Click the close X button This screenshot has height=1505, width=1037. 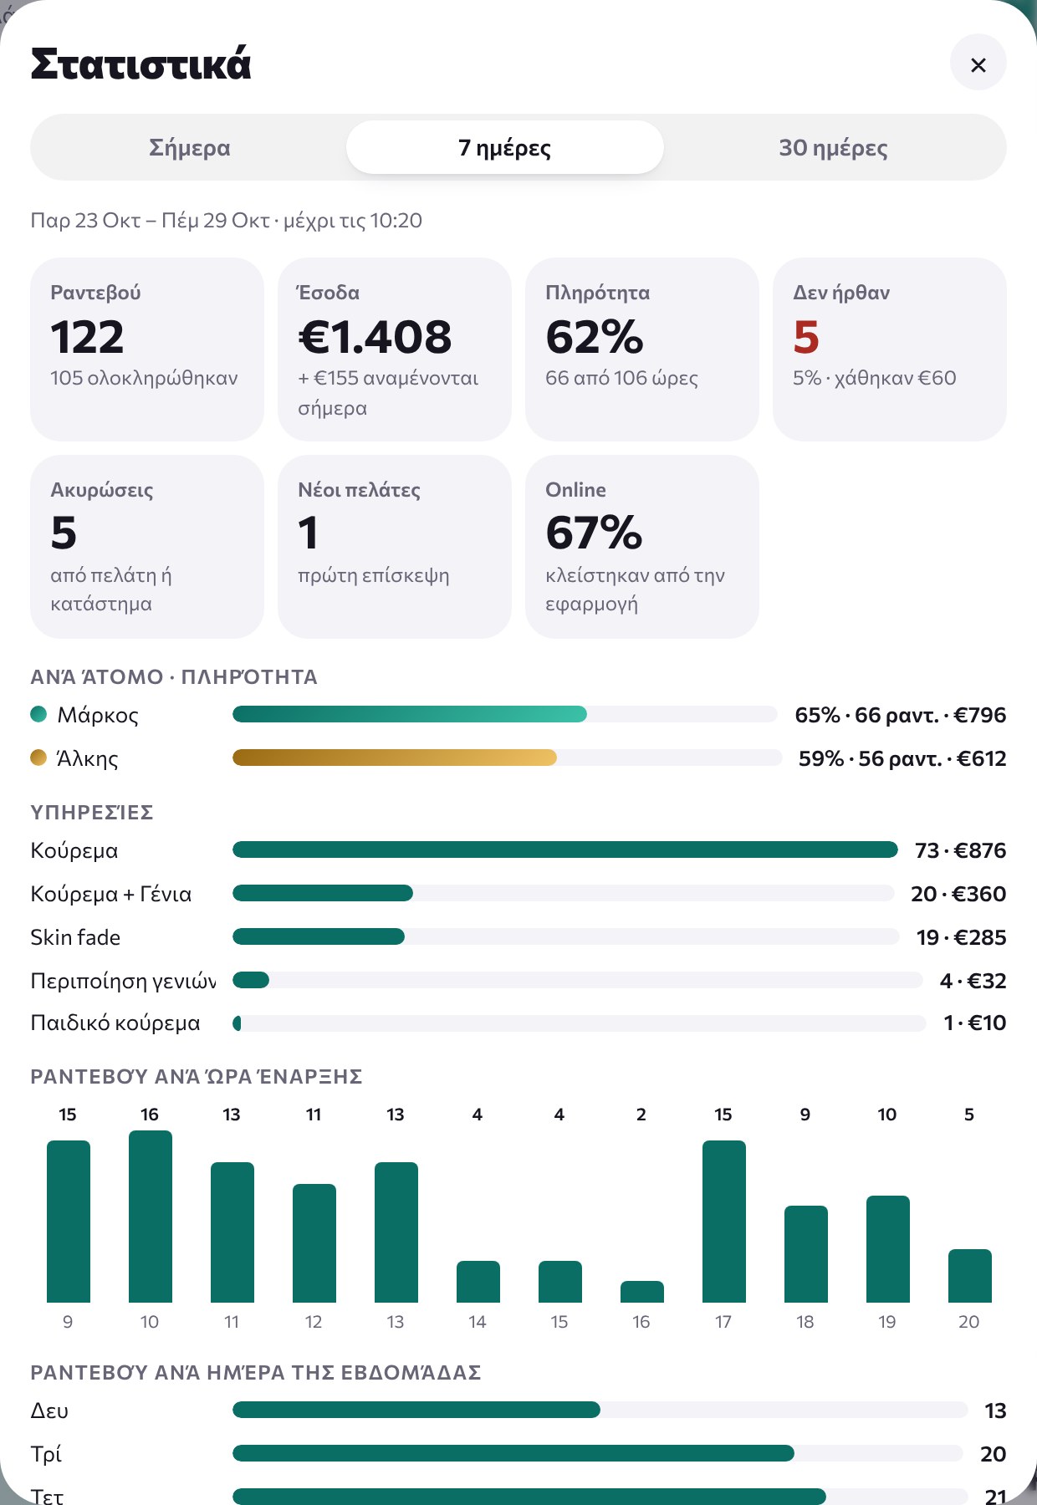[978, 64]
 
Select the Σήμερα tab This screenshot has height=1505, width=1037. [189, 148]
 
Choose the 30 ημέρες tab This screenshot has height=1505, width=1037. [833, 148]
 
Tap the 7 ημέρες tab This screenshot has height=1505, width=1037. [504, 148]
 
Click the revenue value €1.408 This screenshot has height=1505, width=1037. [375, 337]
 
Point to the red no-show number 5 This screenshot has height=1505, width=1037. [806, 337]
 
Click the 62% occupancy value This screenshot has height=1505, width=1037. [594, 337]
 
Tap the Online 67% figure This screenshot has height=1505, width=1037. [594, 533]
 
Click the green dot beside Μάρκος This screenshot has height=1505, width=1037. [38, 714]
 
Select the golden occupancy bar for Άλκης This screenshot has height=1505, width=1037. [395, 758]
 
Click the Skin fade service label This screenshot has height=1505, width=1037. [75, 937]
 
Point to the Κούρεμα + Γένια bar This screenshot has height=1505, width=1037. [323, 893]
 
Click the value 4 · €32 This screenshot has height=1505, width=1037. [973, 981]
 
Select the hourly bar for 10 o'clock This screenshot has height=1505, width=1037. [151, 1217]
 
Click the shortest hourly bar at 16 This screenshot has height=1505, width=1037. [642, 1292]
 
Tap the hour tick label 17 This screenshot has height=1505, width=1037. [723, 1322]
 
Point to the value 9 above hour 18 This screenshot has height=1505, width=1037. [805, 1115]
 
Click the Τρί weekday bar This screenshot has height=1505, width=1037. [513, 1453]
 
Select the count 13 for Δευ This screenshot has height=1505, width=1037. [995, 1411]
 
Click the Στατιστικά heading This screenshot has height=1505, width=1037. [140, 64]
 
